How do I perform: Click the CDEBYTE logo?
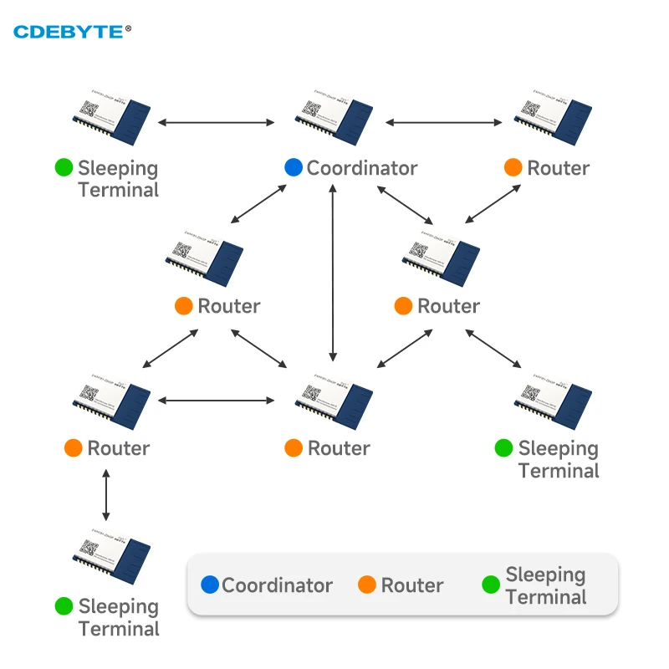(72, 32)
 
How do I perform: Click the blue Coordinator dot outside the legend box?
(294, 167)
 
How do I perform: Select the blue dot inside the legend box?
(209, 585)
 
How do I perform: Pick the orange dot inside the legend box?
(367, 585)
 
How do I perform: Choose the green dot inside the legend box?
(492, 585)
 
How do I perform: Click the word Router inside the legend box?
(412, 585)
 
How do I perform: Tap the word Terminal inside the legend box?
(545, 597)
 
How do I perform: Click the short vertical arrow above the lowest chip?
(105, 495)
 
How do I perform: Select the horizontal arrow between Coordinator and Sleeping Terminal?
(216, 123)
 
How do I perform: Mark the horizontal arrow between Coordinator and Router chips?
(443, 123)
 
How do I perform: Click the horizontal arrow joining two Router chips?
(216, 401)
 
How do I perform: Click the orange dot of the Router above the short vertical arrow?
(73, 448)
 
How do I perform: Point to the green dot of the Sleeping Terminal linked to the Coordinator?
(64, 167)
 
